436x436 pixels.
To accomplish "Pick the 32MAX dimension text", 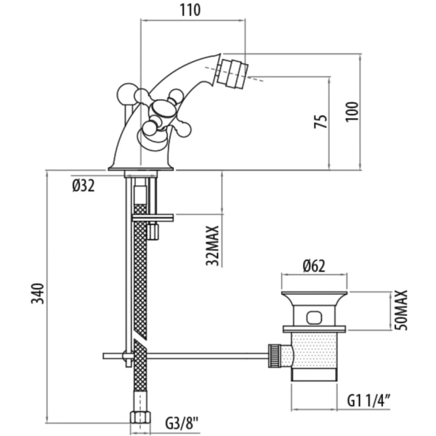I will (212, 245).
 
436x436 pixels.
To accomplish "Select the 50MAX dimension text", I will (402, 310).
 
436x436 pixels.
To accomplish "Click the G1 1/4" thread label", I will (370, 398).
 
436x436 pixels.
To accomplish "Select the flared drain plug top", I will (313, 299).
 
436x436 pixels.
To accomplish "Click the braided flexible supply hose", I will (140, 291).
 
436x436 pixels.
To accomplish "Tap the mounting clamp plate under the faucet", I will (153, 217).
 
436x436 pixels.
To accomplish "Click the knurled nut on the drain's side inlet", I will (276, 355).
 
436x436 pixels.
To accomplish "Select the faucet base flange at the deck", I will (142, 169).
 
